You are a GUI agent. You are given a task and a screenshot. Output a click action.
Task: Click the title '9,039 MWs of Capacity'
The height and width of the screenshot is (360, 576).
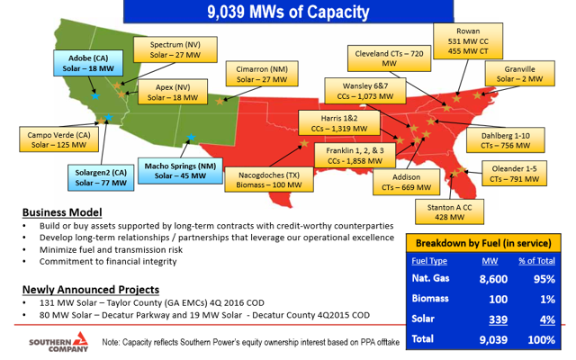pyautogui.click(x=288, y=12)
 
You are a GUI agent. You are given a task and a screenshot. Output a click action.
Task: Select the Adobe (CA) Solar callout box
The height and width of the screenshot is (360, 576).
pyautogui.click(x=88, y=63)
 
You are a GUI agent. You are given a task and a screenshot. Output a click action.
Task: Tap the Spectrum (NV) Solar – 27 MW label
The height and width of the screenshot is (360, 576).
pyautogui.click(x=175, y=49)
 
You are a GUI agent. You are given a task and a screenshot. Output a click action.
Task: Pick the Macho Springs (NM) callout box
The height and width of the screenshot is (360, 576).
pyautogui.click(x=180, y=171)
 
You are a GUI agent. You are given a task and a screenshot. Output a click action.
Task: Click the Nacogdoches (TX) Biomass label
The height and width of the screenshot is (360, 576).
pyautogui.click(x=269, y=180)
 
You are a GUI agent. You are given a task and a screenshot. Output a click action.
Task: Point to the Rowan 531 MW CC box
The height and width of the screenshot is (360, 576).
pyautogui.click(x=468, y=40)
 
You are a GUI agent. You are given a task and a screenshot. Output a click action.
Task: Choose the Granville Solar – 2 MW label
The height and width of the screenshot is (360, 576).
pyautogui.click(x=520, y=74)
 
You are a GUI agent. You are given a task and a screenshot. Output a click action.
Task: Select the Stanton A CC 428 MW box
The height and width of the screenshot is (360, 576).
pyautogui.click(x=449, y=212)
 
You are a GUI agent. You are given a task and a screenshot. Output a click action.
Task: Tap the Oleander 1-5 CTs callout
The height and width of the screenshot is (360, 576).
pyautogui.click(x=514, y=174)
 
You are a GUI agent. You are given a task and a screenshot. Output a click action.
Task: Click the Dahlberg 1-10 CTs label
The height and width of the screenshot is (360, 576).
pyautogui.click(x=506, y=140)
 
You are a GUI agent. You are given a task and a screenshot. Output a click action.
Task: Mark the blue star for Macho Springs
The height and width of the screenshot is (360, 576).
pyautogui.click(x=191, y=138)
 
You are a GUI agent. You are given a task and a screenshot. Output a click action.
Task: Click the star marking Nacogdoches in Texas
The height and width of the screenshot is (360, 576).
pyautogui.click(x=304, y=143)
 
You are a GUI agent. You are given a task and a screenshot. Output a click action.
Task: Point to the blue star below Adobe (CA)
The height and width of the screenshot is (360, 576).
pyautogui.click(x=95, y=96)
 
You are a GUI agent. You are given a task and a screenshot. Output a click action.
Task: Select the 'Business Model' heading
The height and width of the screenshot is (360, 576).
pyautogui.click(x=62, y=212)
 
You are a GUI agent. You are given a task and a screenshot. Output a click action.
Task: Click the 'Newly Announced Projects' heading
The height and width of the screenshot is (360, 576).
pyautogui.click(x=91, y=290)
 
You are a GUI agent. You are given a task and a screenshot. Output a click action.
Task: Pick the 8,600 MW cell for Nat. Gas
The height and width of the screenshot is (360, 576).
pyautogui.click(x=493, y=279)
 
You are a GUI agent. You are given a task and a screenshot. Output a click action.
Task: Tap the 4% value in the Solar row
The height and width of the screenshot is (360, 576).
pyautogui.click(x=547, y=319)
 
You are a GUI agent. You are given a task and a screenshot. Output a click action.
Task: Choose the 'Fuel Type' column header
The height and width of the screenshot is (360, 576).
pyautogui.click(x=429, y=261)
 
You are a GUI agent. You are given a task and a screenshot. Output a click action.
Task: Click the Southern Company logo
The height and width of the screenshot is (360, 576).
pyautogui.click(x=58, y=342)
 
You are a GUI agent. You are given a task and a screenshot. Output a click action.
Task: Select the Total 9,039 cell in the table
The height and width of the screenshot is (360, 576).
pyautogui.click(x=493, y=340)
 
